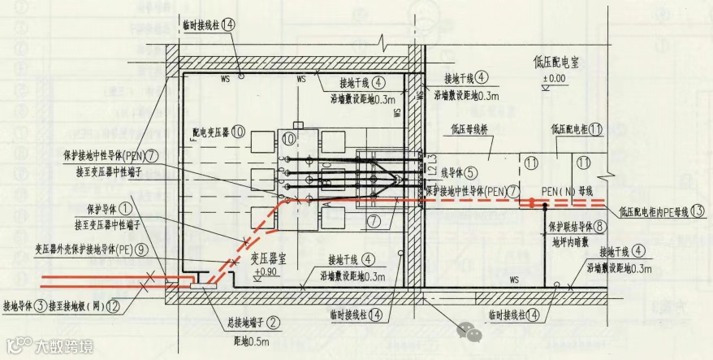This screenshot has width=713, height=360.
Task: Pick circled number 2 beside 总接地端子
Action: [274, 321]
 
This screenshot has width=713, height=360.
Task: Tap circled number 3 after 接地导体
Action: [40, 306]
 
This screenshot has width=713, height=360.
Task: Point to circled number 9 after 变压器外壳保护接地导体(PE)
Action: [142, 249]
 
